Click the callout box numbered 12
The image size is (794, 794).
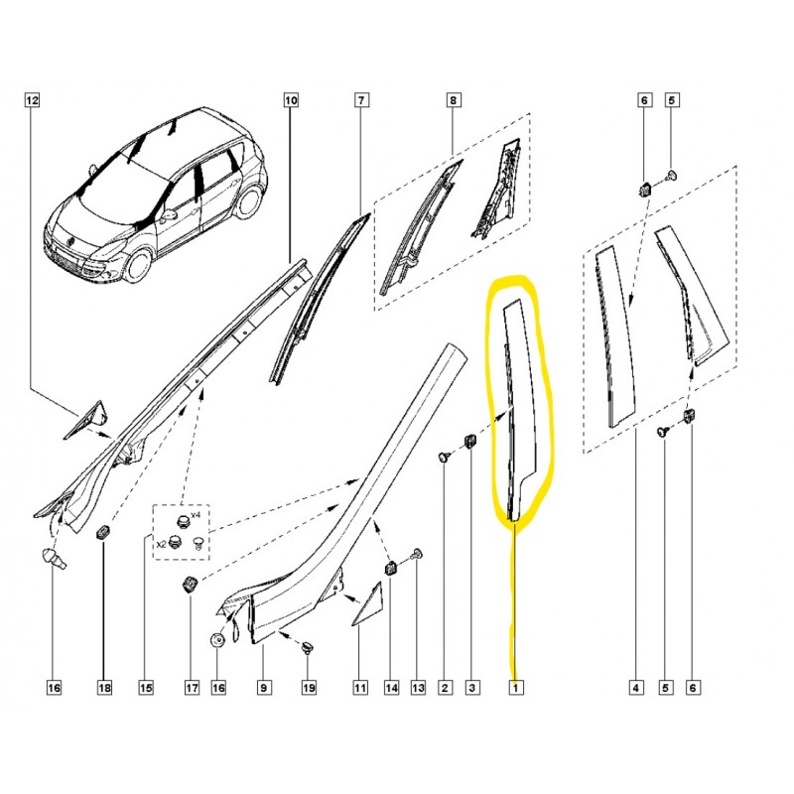(x=32, y=100)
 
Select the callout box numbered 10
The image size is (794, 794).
(x=291, y=100)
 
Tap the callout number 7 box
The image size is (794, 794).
(x=361, y=100)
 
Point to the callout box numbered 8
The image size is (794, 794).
(x=453, y=100)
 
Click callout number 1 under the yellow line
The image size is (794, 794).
(x=516, y=687)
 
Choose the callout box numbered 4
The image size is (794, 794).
(x=636, y=687)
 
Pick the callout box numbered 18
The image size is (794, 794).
(x=104, y=687)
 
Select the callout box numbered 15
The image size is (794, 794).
(x=145, y=687)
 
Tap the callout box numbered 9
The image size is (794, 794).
(x=263, y=687)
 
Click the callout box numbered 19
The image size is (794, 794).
(x=309, y=687)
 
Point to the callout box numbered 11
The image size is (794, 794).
(x=360, y=687)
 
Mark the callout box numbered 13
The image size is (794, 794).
(x=418, y=687)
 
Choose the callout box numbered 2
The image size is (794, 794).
(x=445, y=687)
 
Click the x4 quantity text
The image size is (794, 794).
(x=196, y=515)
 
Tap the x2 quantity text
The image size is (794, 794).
(x=161, y=544)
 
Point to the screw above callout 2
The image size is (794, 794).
(x=445, y=458)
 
